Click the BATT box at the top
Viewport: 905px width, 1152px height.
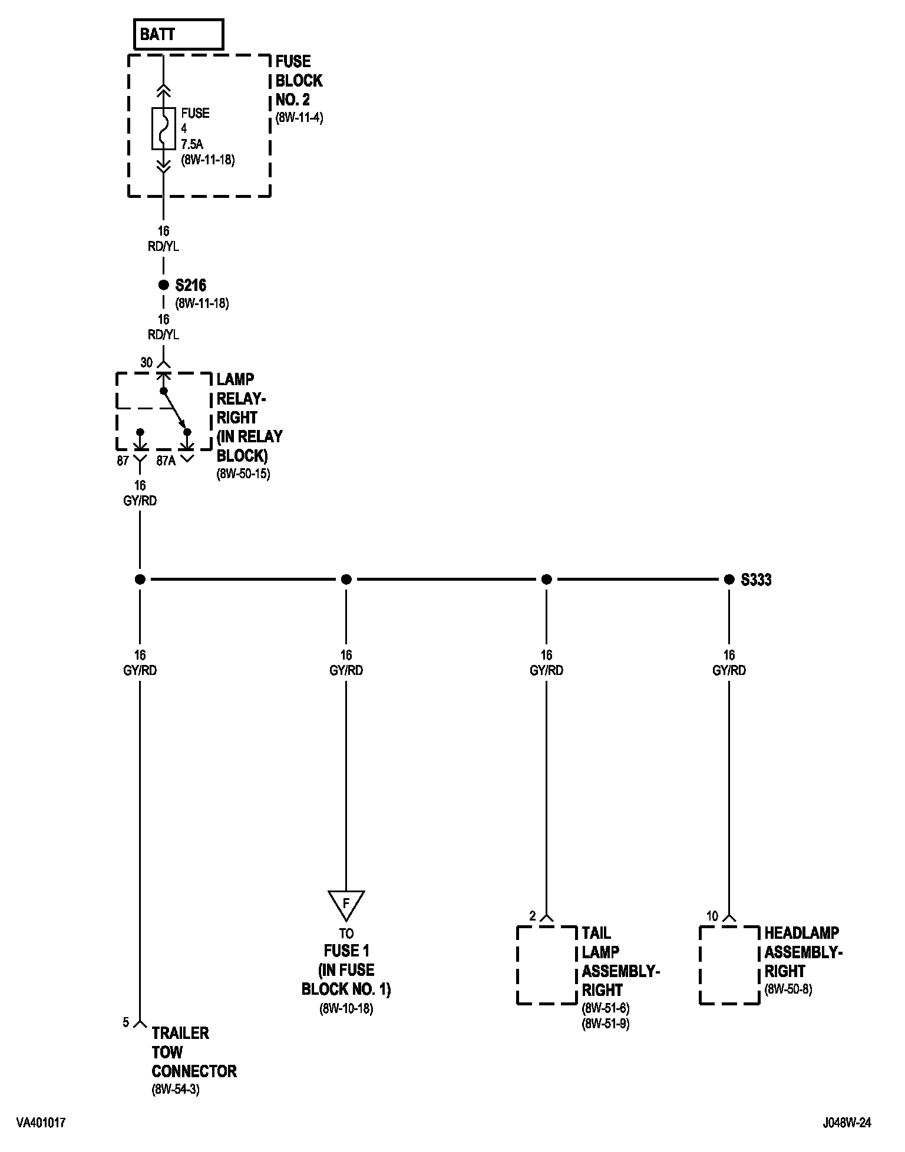click(x=179, y=34)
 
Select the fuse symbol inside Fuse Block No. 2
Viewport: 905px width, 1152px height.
click(x=163, y=128)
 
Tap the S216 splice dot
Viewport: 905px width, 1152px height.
click(x=163, y=286)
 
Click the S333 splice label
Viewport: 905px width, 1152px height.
click(x=756, y=580)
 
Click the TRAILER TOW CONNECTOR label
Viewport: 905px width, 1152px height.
click(x=194, y=1052)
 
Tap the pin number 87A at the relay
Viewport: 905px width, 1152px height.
click(x=166, y=461)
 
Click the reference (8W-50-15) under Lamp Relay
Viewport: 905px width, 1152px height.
click(x=243, y=474)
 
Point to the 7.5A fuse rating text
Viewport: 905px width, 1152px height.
click(x=192, y=144)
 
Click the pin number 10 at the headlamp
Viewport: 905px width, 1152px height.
click(x=712, y=916)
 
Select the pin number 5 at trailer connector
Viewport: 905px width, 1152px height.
click(x=125, y=1022)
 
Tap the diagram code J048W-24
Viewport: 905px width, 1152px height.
click(x=847, y=1123)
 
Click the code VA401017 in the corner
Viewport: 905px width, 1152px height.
click(x=41, y=1123)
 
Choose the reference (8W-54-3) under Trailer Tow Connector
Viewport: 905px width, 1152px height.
click(x=176, y=1090)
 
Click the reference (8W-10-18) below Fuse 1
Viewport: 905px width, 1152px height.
click(x=346, y=1008)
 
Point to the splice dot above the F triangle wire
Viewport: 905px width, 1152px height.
click(x=346, y=580)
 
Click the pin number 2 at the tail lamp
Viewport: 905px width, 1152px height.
click(x=533, y=916)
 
